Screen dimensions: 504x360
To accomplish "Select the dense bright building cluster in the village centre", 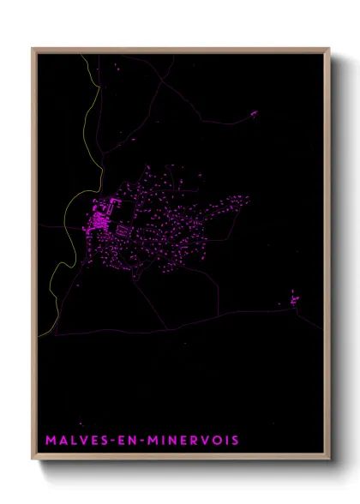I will pos(100,219).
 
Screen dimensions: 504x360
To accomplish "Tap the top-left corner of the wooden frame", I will pos(33,49).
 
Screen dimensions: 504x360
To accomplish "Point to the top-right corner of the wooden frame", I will pos(328,49).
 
